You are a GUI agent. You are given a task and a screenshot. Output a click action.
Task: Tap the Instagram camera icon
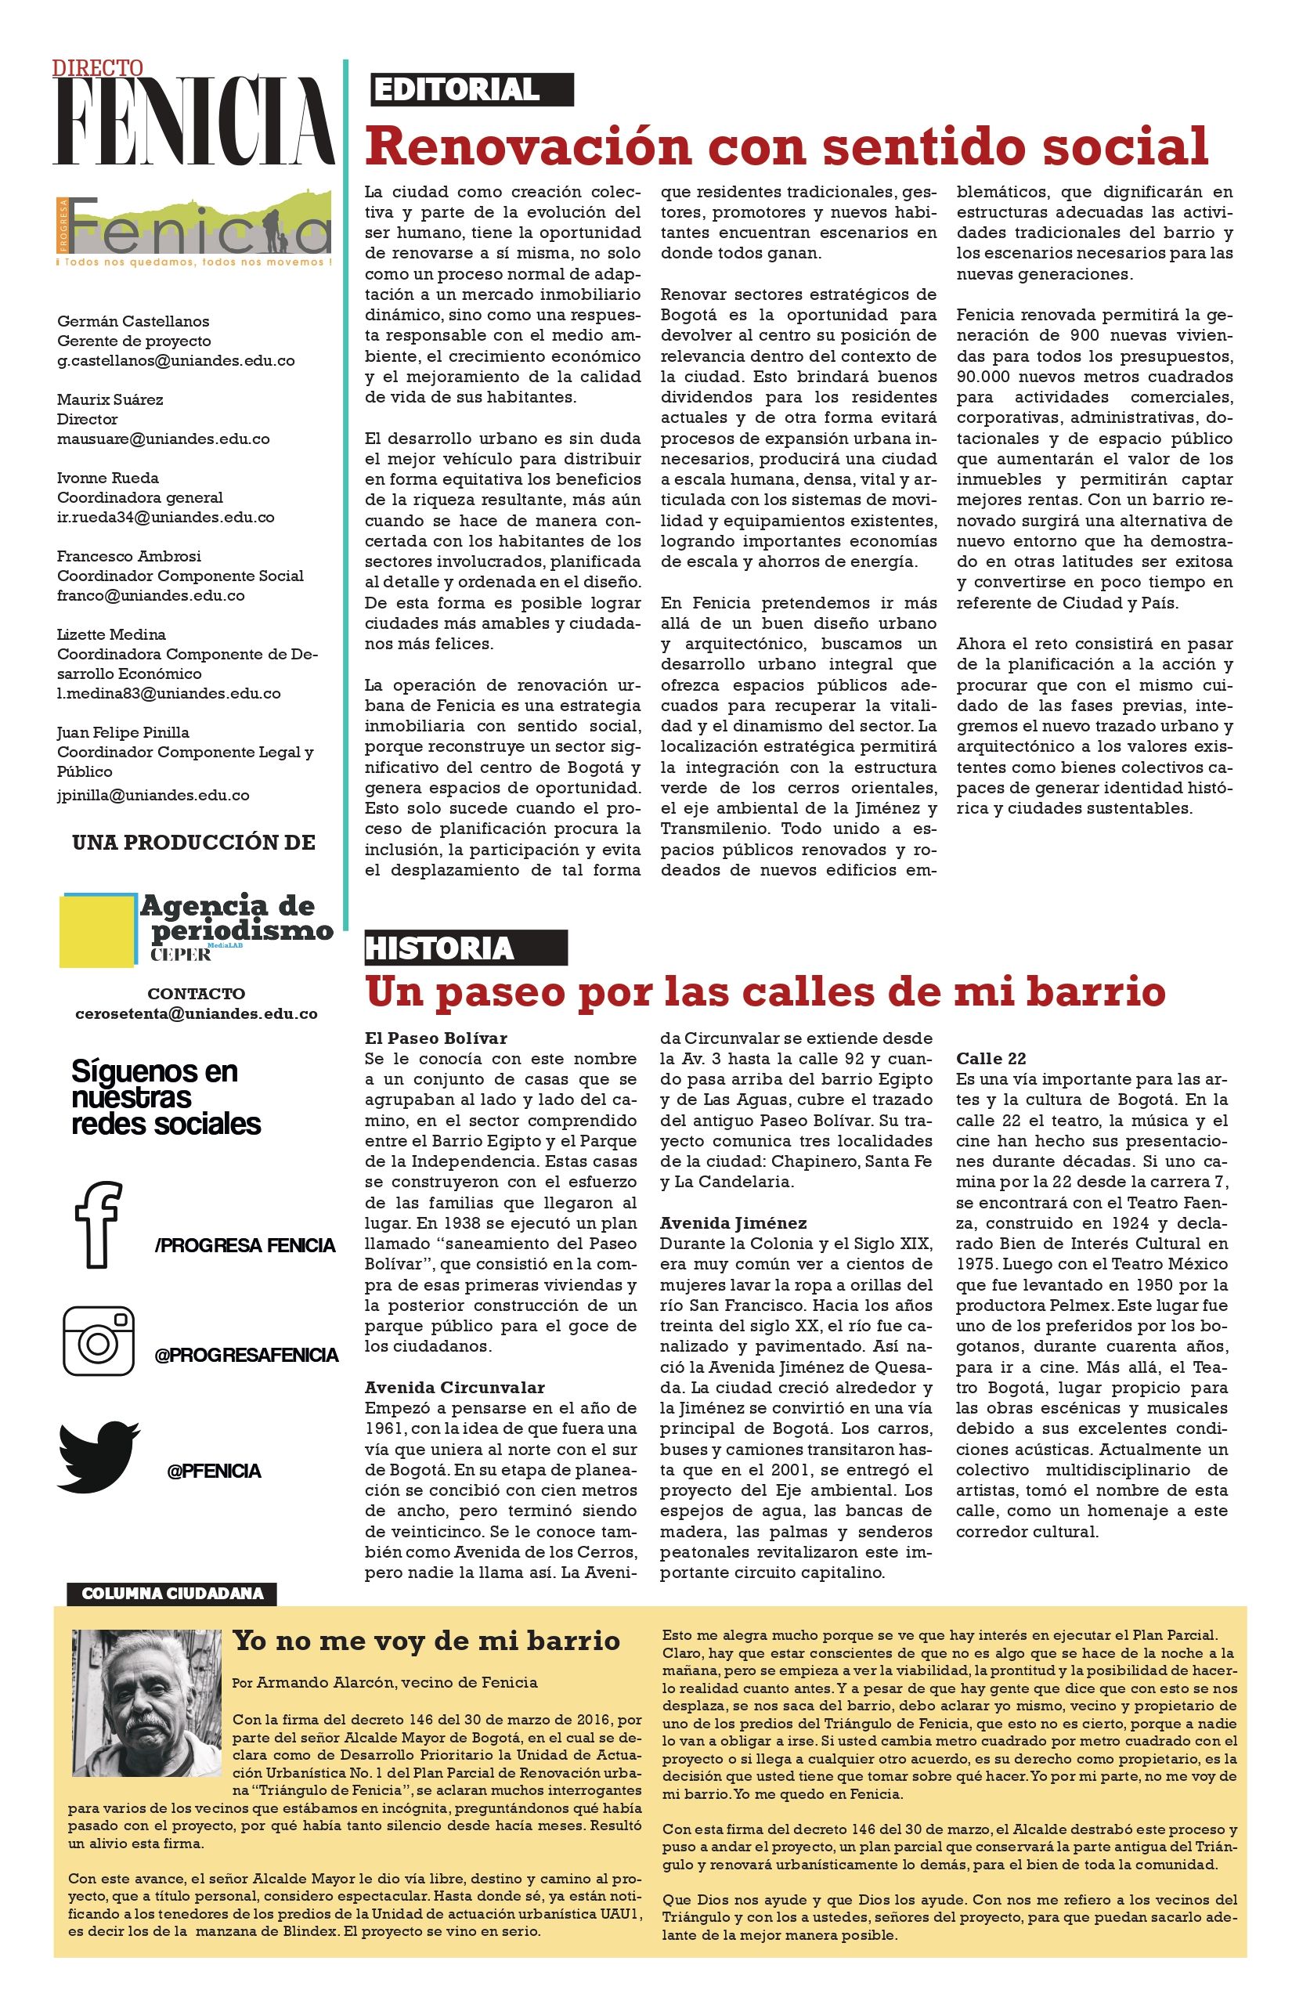98,1340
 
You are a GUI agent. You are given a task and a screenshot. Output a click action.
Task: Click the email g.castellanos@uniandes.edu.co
175,361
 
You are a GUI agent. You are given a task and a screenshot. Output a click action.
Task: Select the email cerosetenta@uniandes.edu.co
197,1013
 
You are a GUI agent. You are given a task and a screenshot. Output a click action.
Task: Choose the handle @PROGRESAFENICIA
246,1355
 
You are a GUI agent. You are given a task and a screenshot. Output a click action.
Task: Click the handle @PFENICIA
214,1471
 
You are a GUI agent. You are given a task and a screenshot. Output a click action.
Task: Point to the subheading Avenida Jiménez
733,1222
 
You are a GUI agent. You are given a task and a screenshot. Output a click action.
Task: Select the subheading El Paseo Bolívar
435,1038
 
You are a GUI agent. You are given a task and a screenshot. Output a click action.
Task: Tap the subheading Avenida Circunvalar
454,1387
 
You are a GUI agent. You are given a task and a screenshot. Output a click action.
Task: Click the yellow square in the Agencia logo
97,929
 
